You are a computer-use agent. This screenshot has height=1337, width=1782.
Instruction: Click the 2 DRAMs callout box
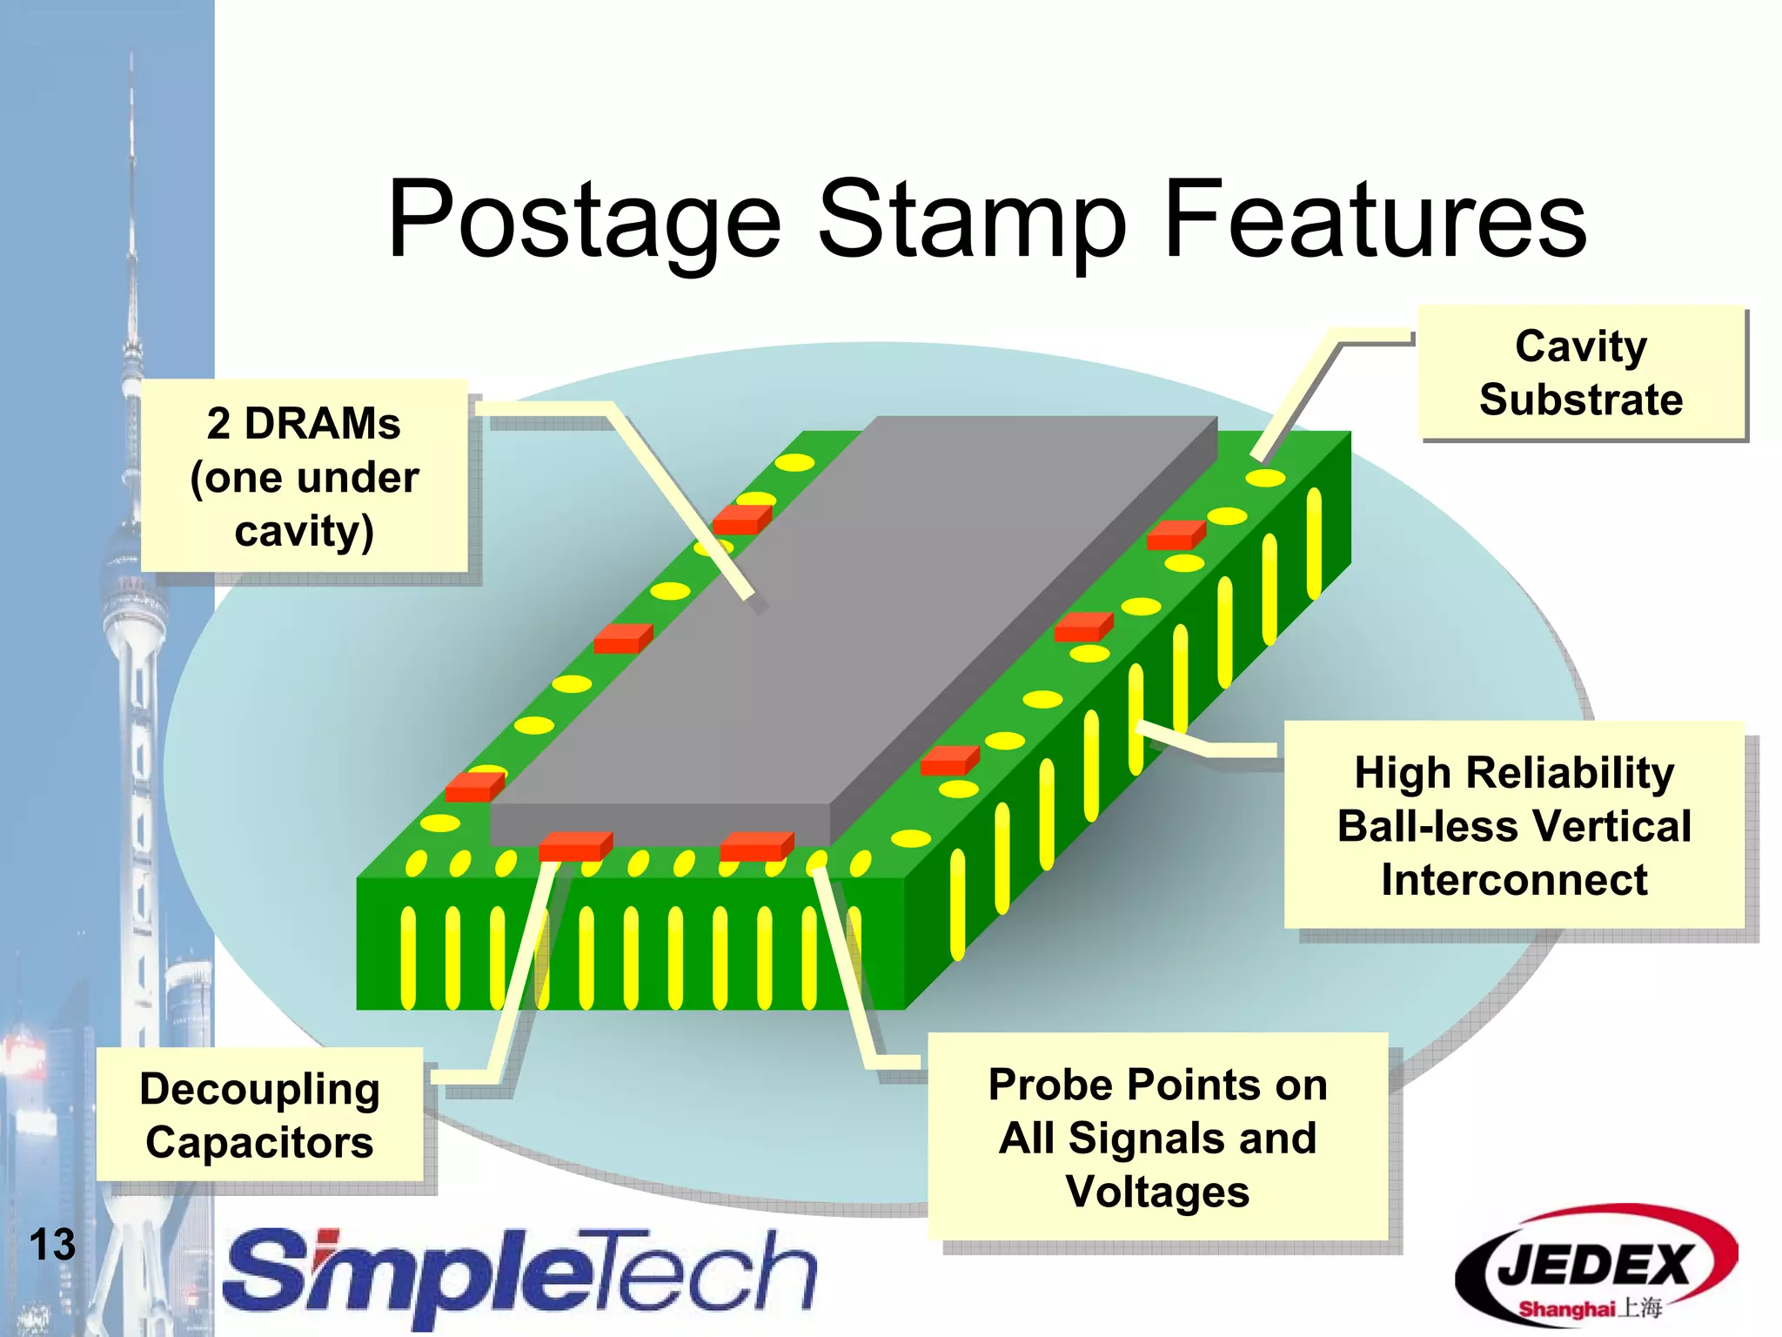(x=304, y=476)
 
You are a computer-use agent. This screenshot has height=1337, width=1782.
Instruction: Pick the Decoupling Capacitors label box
(x=259, y=1115)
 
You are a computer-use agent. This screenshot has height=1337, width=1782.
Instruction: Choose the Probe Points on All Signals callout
(x=1157, y=1137)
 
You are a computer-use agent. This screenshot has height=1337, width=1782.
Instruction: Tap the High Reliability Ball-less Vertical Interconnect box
(x=1514, y=825)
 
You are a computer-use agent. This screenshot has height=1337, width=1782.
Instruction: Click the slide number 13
(x=52, y=1245)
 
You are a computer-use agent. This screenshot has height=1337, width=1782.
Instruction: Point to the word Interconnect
(x=1514, y=879)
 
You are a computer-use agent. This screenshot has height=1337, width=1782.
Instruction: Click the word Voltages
(x=1157, y=1192)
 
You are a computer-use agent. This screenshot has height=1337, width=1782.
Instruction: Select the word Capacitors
(x=259, y=1142)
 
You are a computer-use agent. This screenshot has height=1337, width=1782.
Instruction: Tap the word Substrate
(x=1581, y=400)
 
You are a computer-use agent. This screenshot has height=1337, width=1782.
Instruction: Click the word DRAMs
(x=322, y=424)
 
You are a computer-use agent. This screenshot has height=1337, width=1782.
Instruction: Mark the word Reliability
(x=1570, y=772)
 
